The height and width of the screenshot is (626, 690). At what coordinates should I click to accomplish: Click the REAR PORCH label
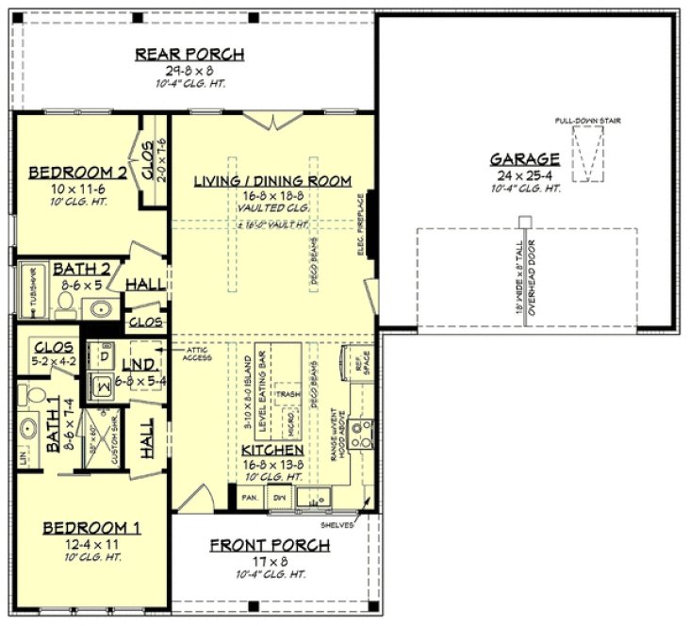189,54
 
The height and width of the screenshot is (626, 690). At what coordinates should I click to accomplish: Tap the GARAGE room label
525,159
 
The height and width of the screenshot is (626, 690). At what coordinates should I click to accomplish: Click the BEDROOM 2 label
77,173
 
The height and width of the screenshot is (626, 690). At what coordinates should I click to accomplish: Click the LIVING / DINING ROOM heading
272,180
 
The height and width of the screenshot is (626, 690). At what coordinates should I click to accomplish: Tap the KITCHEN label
271,451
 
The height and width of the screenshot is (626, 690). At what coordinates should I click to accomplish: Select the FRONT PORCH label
270,545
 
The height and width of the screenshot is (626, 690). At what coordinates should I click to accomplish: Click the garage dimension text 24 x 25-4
525,175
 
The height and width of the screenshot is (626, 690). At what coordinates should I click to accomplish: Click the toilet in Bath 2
65,304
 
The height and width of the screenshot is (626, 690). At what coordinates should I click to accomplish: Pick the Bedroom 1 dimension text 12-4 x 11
91,543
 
